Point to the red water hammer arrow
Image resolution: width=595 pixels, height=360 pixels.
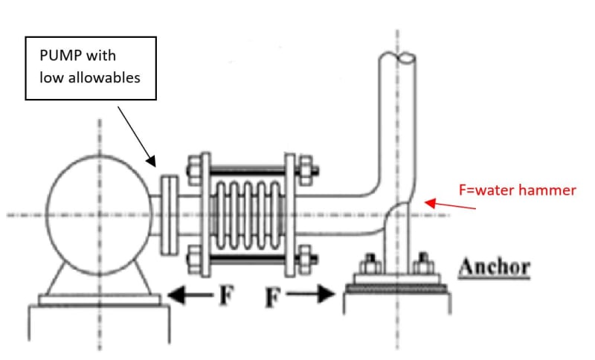pos(451,204)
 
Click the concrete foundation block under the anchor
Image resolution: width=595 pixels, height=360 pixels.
pos(399,320)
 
